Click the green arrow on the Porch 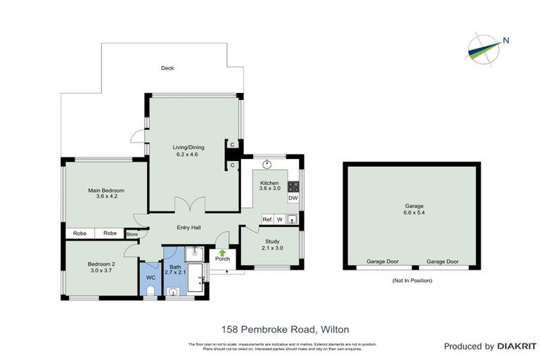[x=222, y=252]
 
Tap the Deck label [x=167, y=68]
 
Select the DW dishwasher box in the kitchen [x=293, y=198]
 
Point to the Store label [x=131, y=233]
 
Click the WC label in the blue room [x=150, y=278]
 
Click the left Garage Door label [x=382, y=262]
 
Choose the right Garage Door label [x=442, y=262]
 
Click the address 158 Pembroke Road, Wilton [x=285, y=328]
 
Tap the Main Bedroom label [x=106, y=191]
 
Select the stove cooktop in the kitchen [x=293, y=186]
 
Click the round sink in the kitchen [x=268, y=166]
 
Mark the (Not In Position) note [x=412, y=281]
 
